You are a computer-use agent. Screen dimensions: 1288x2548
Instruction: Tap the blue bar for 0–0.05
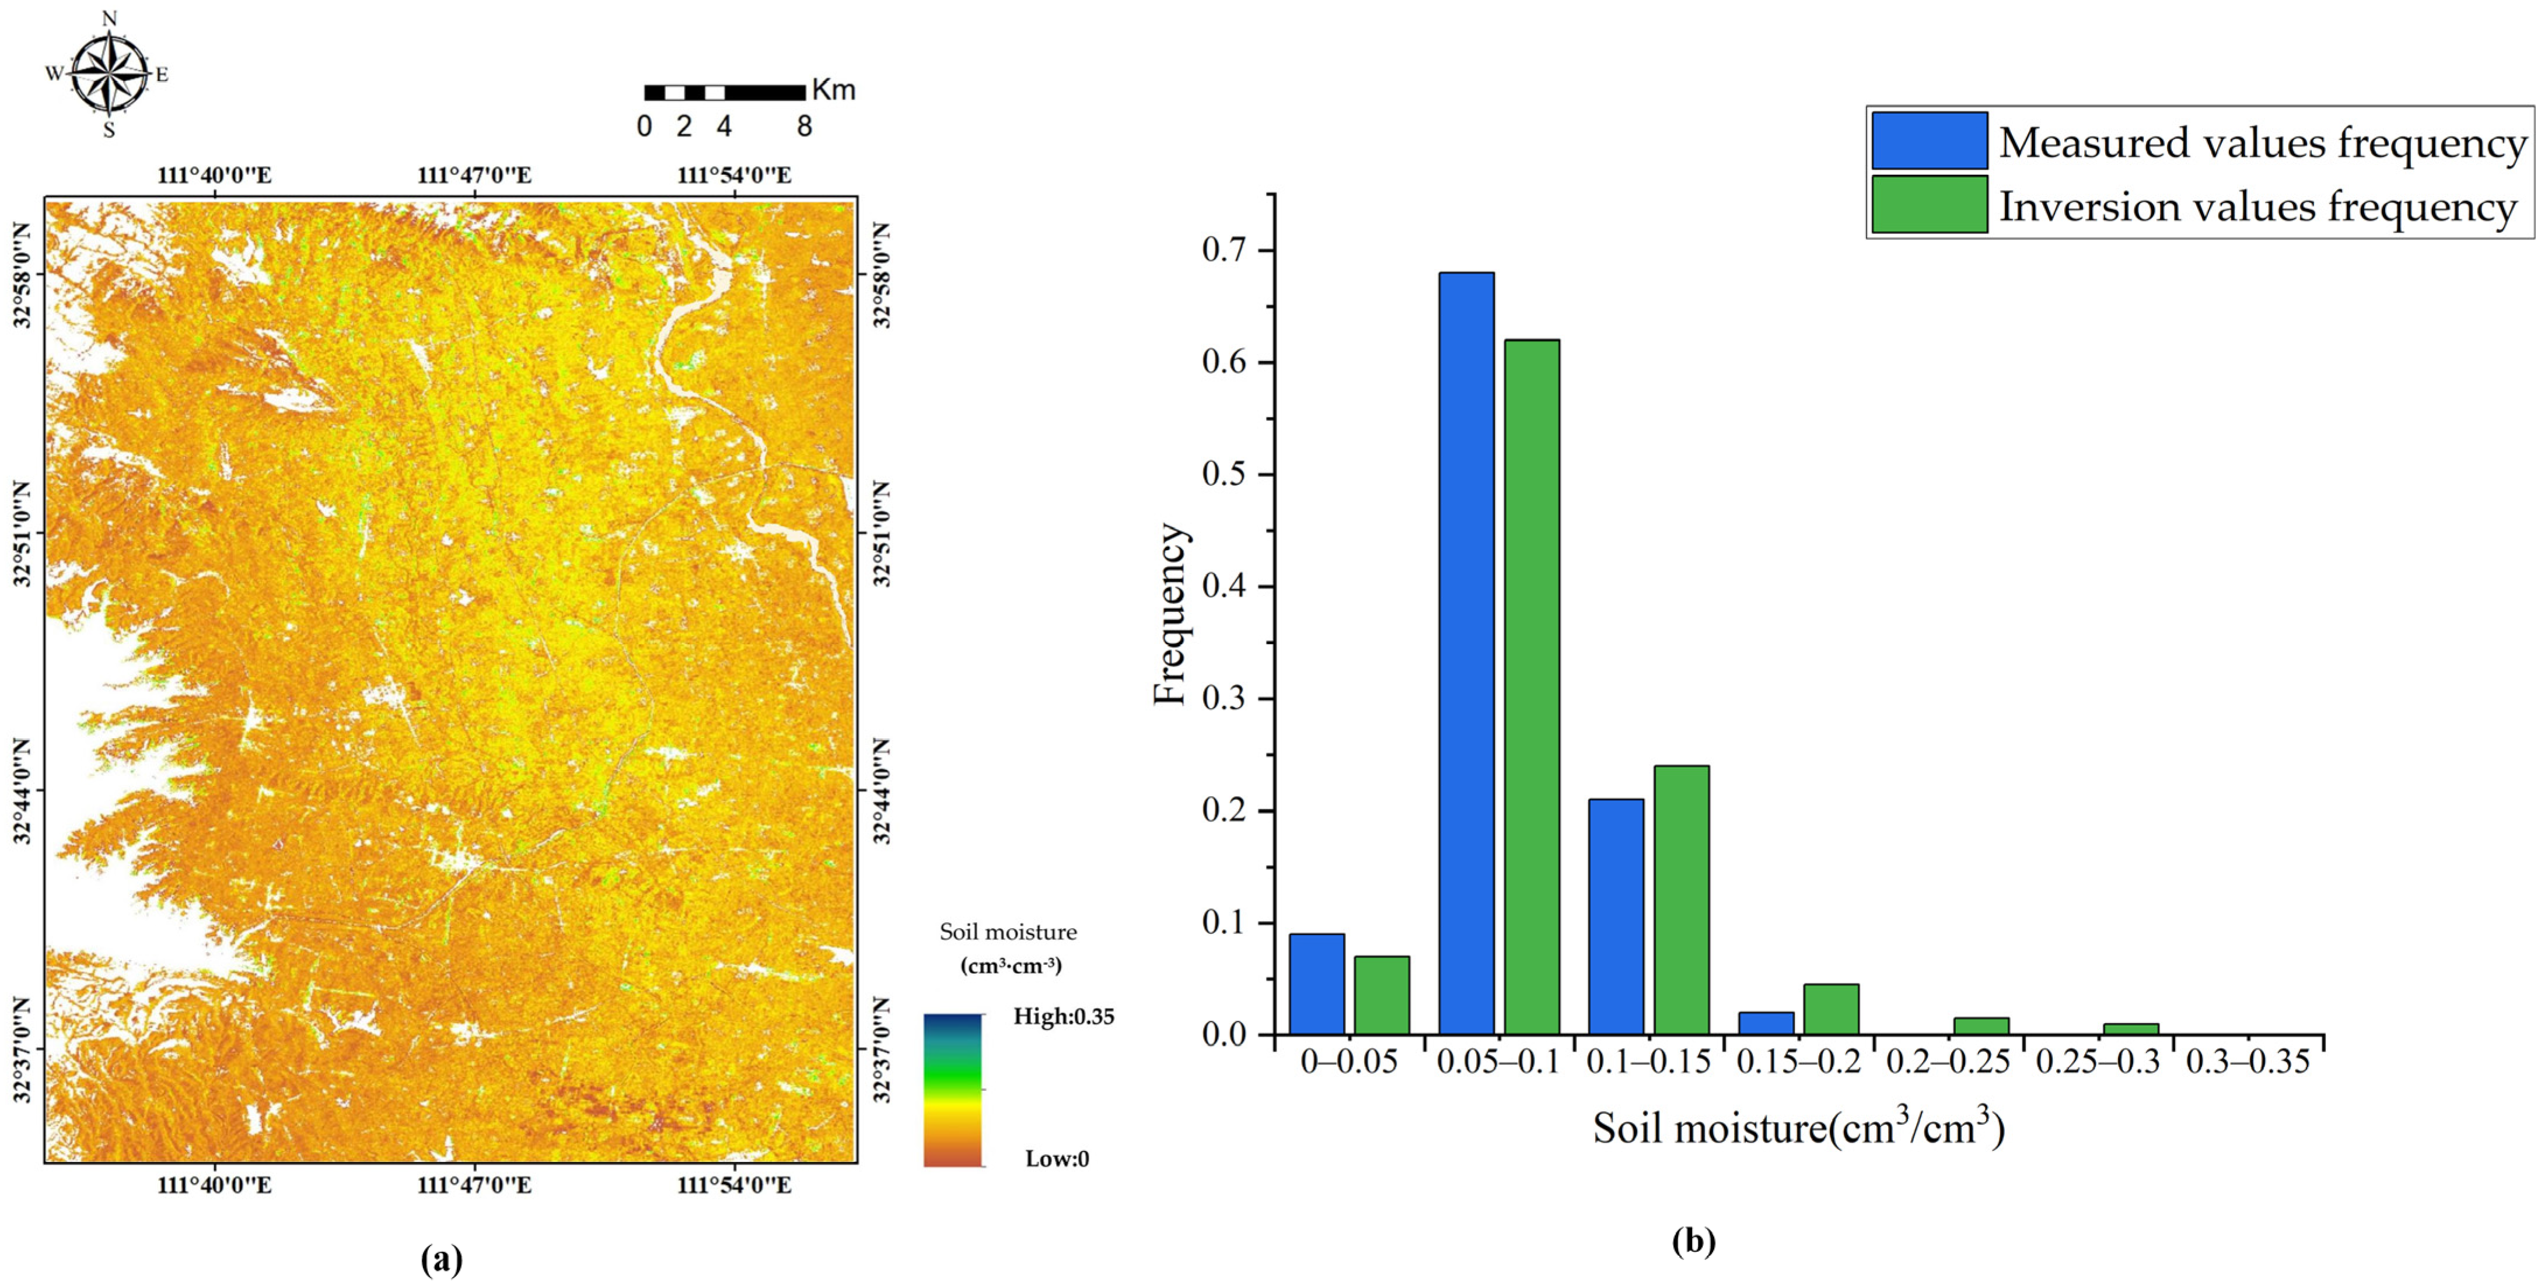[1316, 984]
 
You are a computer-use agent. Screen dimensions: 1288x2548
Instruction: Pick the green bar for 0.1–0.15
[1680, 900]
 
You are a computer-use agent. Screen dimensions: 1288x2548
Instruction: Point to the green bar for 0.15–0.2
[1831, 1009]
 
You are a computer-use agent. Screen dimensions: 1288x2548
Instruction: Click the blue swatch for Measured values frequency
[1929, 141]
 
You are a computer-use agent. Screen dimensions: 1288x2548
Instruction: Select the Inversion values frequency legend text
[2257, 206]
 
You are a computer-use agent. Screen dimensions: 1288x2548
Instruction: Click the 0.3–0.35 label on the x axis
[2248, 1062]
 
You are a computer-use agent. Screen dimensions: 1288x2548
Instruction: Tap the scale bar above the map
[724, 93]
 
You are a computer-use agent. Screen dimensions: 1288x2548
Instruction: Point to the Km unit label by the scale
[833, 90]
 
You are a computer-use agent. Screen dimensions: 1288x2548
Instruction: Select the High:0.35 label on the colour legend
[1063, 1017]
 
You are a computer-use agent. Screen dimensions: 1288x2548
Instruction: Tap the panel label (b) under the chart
[1693, 1241]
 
